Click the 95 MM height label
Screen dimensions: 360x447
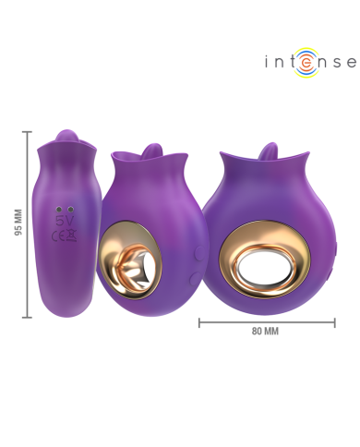(18, 223)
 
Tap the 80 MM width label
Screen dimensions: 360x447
(265, 332)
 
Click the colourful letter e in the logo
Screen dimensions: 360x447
(306, 63)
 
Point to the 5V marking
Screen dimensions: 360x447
(65, 221)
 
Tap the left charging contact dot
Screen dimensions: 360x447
(59, 210)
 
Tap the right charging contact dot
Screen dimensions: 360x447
(71, 210)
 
